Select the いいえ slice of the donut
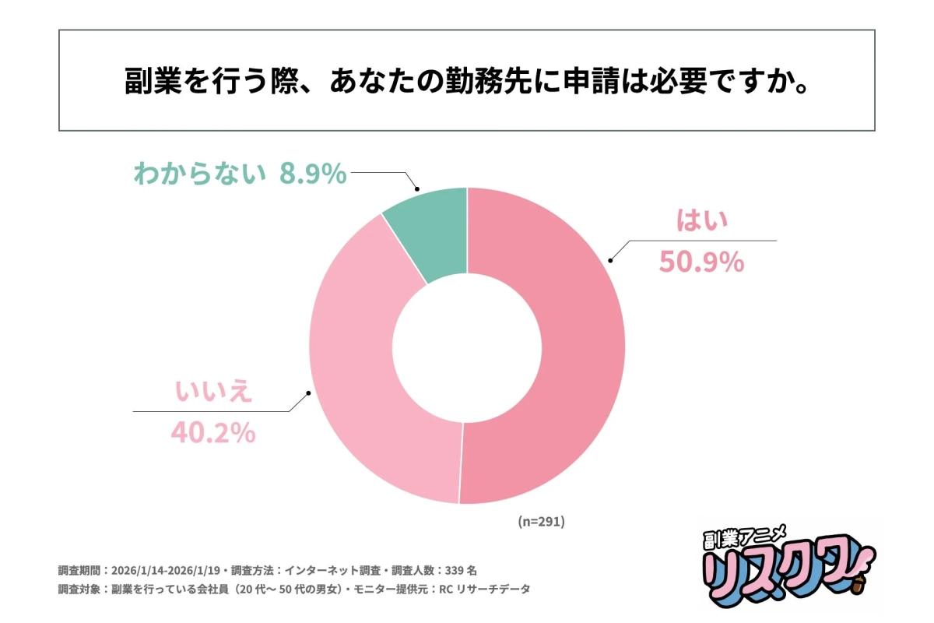[x=366, y=389]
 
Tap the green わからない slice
[x=433, y=226]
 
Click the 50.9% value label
[x=701, y=262]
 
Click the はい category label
[x=701, y=223]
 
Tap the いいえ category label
[x=213, y=392]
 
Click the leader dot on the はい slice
[x=610, y=261]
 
